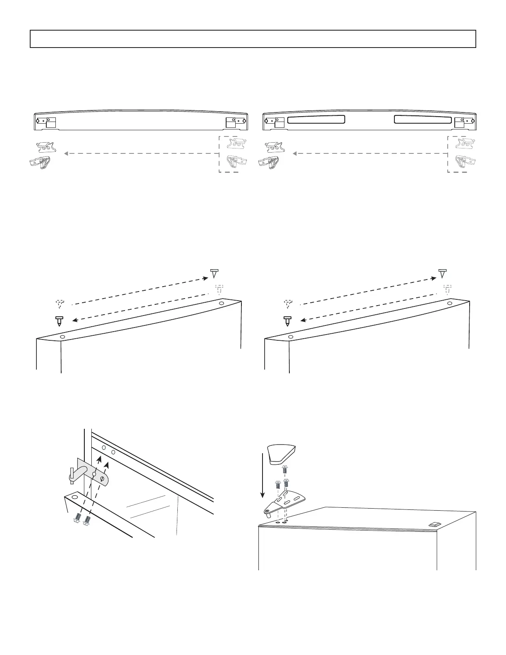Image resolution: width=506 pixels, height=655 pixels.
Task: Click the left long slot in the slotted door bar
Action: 315,120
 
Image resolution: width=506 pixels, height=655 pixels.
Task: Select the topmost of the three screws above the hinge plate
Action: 284,469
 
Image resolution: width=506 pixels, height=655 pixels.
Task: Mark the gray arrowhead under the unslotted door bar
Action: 66,154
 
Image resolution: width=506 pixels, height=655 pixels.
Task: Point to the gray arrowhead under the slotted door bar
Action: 295,154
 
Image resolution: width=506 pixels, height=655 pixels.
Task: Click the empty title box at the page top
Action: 253,39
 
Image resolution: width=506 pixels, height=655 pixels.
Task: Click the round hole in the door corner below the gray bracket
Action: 75,495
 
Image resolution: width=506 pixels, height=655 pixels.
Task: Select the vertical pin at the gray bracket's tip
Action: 72,476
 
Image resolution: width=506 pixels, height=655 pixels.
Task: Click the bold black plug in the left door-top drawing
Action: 59,321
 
